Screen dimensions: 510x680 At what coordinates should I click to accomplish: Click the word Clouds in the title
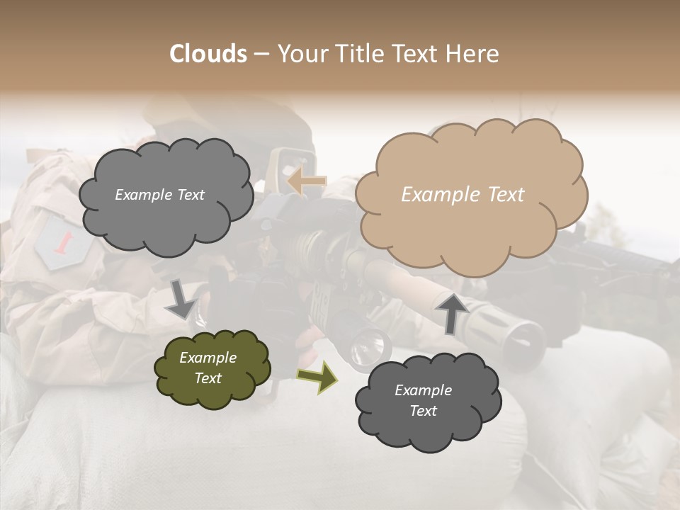(x=208, y=54)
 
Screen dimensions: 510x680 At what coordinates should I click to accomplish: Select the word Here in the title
(x=472, y=54)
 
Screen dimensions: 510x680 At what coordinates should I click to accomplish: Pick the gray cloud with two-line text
(x=427, y=401)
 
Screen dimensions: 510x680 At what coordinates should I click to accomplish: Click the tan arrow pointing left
(x=306, y=181)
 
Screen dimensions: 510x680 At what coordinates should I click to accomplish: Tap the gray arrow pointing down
(x=181, y=298)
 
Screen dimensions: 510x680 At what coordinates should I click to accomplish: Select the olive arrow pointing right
(x=317, y=377)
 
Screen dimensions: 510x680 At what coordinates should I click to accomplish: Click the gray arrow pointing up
(x=452, y=312)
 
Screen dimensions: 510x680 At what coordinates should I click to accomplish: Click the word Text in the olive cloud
(x=208, y=378)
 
